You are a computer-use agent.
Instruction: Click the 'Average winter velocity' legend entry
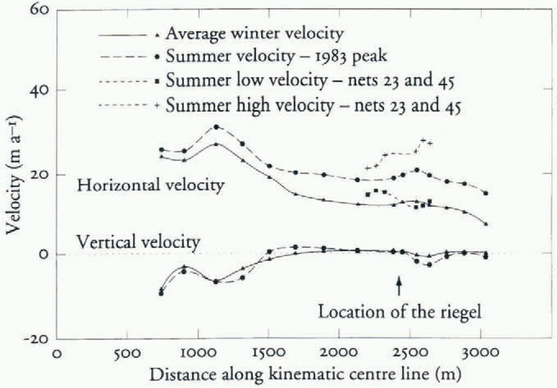click(x=255, y=33)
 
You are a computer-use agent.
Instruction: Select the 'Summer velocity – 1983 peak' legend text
click(x=276, y=56)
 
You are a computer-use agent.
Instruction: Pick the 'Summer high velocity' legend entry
click(x=313, y=105)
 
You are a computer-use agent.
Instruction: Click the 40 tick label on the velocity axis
click(x=39, y=90)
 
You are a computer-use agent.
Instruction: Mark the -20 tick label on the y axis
click(x=36, y=339)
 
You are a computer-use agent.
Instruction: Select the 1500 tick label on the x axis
click(x=269, y=353)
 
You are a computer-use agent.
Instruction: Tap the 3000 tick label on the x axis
click(x=481, y=353)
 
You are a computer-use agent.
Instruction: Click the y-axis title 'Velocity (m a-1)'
click(x=14, y=175)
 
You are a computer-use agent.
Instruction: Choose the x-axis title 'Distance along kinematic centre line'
click(x=305, y=374)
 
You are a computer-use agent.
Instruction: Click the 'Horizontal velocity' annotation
click(x=150, y=185)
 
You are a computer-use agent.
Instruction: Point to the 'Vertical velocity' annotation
click(x=138, y=242)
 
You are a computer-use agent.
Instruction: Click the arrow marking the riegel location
click(x=399, y=285)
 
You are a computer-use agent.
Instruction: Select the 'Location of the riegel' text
click(x=399, y=312)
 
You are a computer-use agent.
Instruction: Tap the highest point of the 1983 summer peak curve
click(x=216, y=127)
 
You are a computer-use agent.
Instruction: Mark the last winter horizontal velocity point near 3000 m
click(x=486, y=224)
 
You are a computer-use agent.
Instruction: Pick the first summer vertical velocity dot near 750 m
click(x=161, y=293)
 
